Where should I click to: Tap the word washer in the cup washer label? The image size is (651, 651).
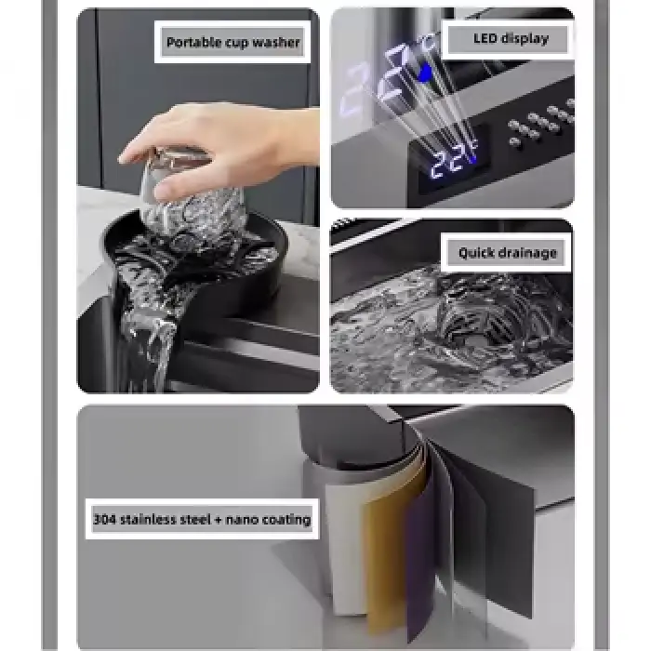point(277,42)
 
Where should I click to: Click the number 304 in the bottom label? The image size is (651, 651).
point(105,519)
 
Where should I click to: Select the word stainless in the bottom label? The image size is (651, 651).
point(152,519)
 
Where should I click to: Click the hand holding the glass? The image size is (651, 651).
point(205,144)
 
